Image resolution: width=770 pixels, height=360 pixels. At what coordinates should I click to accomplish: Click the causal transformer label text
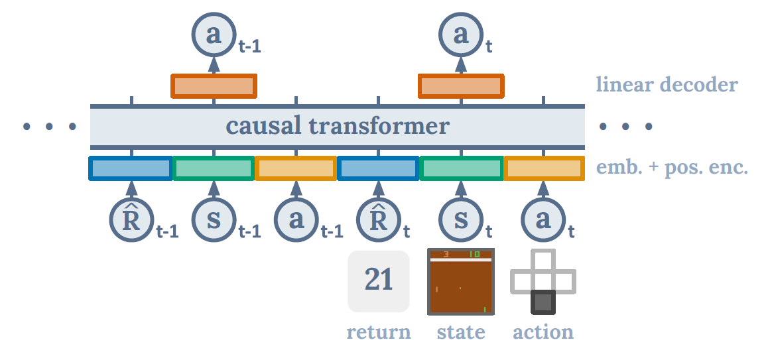[x=337, y=126]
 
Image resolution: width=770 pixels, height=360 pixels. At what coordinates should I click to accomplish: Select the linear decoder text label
[x=666, y=85]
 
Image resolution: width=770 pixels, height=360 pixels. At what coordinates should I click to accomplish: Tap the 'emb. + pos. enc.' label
[x=673, y=168]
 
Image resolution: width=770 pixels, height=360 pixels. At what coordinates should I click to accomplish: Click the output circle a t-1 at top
[x=214, y=34]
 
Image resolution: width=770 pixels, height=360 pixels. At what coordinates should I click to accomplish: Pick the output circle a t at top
[x=460, y=34]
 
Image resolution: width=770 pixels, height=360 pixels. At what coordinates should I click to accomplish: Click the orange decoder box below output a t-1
[x=214, y=86]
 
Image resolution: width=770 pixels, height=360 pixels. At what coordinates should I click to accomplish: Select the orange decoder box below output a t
[x=460, y=86]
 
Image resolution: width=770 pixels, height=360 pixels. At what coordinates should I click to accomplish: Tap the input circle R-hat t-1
[x=131, y=220]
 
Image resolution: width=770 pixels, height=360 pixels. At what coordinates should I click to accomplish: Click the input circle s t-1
[x=214, y=220]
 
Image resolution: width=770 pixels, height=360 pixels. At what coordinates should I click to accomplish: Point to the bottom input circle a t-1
[x=296, y=220]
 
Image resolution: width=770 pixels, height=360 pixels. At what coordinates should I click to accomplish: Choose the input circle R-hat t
[x=378, y=220]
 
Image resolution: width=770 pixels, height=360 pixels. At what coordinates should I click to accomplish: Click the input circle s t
[x=460, y=220]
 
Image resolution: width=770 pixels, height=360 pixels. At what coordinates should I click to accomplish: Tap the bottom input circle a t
[x=543, y=220]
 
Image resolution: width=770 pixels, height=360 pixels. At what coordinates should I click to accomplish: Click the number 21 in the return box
[x=379, y=280]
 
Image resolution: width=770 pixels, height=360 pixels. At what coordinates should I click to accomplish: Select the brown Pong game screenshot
[x=461, y=282]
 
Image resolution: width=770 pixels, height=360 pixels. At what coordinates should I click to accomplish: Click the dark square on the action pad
[x=543, y=302]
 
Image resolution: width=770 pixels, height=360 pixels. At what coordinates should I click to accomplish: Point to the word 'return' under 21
[x=379, y=332]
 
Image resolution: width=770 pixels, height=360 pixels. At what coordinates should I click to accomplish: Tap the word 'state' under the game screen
[x=461, y=332]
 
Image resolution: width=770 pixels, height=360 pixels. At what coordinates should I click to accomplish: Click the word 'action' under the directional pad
[x=543, y=332]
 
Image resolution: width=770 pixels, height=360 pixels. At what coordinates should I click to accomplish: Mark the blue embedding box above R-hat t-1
[x=131, y=168]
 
